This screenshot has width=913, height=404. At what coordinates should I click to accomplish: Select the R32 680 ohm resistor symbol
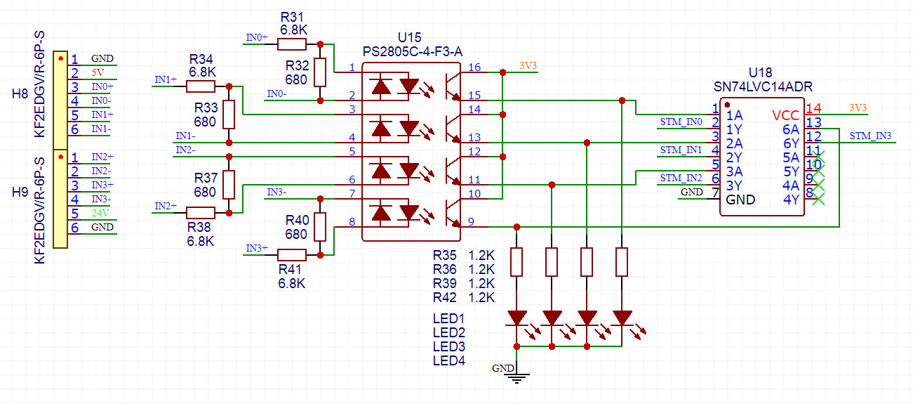pos(320,72)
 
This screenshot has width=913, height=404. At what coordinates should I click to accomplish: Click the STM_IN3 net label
pos(870,136)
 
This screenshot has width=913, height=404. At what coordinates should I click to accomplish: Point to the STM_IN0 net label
pos(681,122)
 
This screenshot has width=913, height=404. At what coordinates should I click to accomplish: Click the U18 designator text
pos(760,72)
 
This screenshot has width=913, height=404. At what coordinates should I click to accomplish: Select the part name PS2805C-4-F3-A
pos(412,51)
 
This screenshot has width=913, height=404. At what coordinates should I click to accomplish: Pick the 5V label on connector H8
pos(97,72)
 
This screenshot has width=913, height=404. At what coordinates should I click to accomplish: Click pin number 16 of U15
pos(474,67)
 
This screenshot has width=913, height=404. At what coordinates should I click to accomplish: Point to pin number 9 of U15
pos(471,222)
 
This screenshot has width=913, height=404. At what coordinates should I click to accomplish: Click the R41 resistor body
pos(292,255)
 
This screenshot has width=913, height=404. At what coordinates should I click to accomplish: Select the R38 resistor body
pos(201,213)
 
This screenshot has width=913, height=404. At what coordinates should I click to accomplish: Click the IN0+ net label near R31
pos(256,38)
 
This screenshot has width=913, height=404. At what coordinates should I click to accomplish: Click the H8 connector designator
pos(20,93)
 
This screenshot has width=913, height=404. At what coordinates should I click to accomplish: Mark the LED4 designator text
pos(449,361)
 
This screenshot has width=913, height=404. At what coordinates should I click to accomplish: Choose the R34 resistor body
pos(201,86)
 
